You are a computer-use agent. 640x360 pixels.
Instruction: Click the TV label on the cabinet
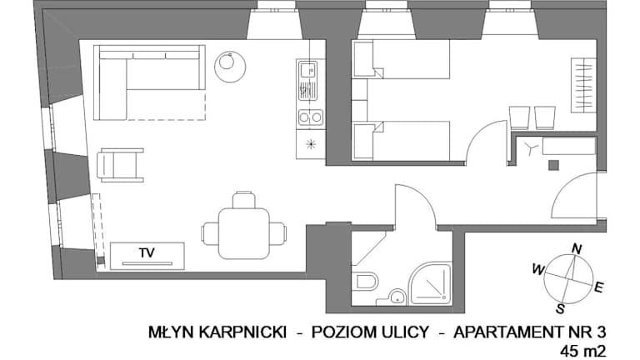(147, 252)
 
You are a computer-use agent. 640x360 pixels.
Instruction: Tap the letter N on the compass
(577, 248)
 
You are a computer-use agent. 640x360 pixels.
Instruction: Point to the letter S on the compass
(560, 309)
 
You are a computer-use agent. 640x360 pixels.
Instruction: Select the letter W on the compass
(538, 269)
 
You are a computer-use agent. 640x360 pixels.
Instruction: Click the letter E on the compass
(598, 287)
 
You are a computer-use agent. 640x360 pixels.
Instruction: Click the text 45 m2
(582, 351)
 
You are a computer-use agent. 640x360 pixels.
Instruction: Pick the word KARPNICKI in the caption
(242, 332)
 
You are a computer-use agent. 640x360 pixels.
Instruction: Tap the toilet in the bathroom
(365, 281)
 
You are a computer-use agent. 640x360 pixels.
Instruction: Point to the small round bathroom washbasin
(396, 297)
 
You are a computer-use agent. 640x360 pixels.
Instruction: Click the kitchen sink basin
(307, 70)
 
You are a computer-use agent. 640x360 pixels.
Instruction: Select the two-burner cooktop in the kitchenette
(310, 117)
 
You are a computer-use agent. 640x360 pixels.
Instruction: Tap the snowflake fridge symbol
(311, 143)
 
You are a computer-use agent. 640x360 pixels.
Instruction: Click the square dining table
(244, 233)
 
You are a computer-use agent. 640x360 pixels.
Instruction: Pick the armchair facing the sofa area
(120, 165)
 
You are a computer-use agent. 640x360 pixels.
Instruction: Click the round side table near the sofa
(230, 65)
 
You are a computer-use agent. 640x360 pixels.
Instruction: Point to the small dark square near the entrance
(553, 165)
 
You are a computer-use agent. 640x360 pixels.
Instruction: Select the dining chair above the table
(244, 200)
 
